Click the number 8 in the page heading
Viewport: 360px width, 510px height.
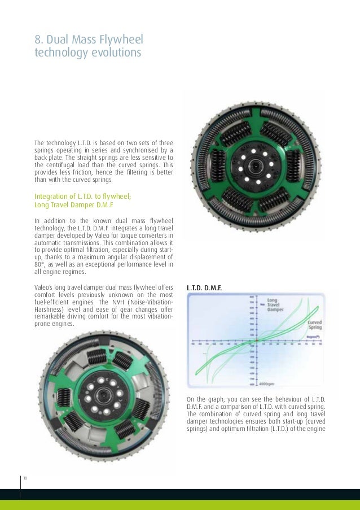click(38, 40)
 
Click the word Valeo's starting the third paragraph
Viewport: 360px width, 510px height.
click(46, 288)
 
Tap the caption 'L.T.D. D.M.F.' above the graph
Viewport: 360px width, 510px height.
click(204, 288)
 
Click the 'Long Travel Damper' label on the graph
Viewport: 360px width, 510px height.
click(277, 305)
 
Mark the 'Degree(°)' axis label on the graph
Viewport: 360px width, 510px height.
click(309, 337)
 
